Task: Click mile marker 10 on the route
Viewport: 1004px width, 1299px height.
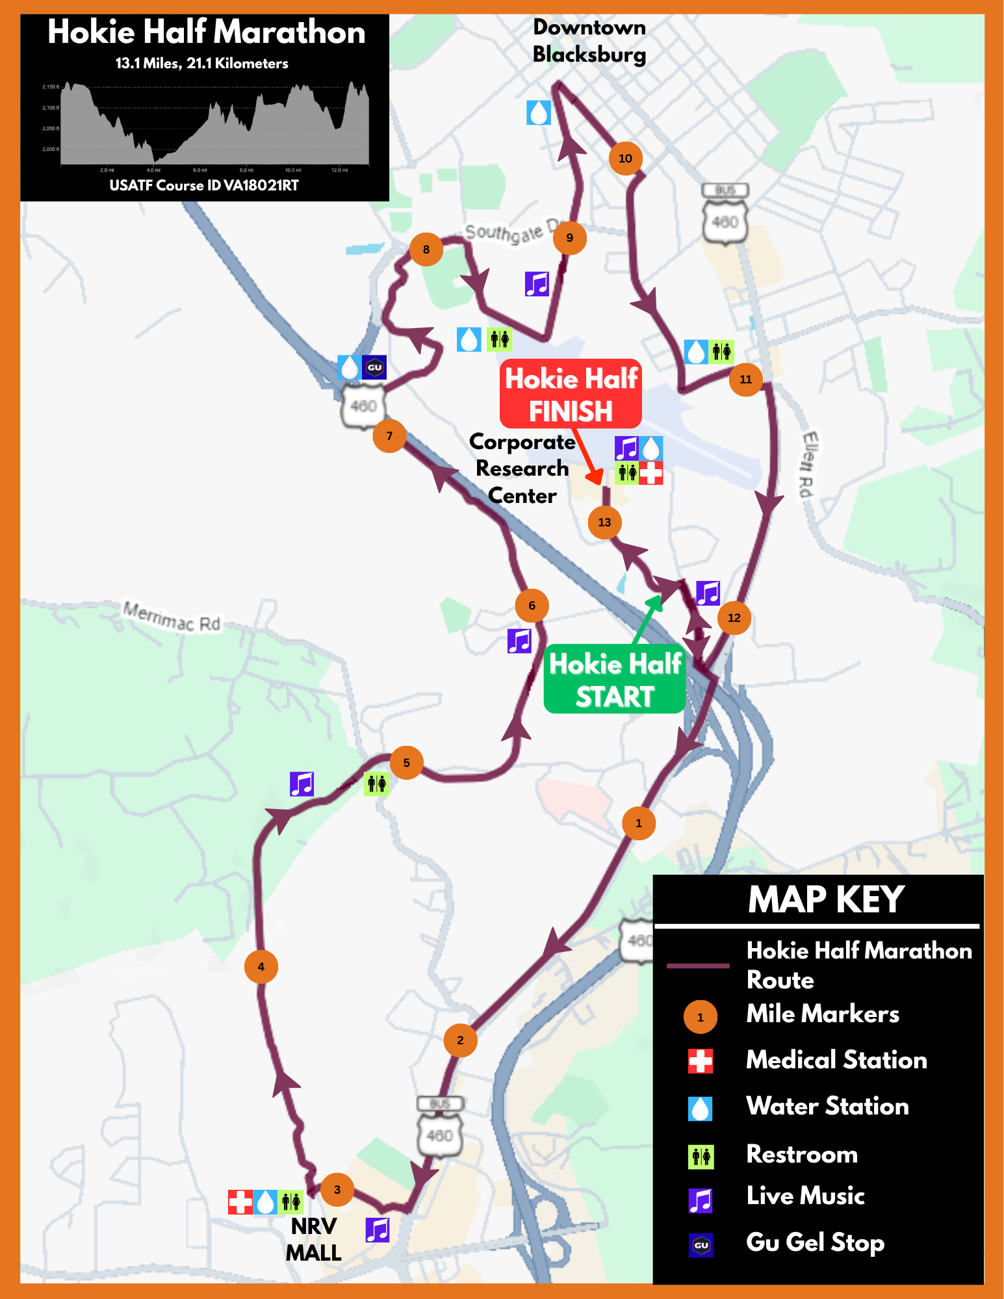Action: point(625,158)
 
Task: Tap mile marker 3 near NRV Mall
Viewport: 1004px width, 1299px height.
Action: point(337,1189)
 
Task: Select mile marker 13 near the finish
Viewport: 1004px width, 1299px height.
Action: point(604,522)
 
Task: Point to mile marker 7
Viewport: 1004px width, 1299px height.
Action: point(389,435)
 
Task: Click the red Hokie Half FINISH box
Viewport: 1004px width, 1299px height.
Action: point(571,394)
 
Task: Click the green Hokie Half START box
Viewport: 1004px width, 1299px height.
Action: point(614,679)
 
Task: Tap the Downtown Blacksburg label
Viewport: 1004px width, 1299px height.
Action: point(589,40)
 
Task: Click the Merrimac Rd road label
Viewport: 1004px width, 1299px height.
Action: point(172,617)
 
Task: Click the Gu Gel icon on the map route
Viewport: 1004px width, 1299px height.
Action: point(374,367)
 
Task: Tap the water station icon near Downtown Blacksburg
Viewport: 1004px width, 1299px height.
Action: point(538,112)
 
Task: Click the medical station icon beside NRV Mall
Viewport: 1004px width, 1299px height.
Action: point(240,1202)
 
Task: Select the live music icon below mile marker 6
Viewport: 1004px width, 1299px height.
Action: point(519,641)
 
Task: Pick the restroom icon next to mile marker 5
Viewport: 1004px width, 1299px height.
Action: point(376,784)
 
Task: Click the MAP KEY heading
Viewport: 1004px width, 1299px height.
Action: point(825,899)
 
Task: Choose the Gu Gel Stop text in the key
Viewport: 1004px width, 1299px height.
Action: point(815,1242)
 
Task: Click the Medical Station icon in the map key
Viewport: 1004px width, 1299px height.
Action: point(700,1061)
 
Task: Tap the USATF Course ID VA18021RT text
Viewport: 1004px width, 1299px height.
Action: point(204,185)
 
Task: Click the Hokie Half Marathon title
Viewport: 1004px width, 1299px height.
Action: point(206,32)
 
